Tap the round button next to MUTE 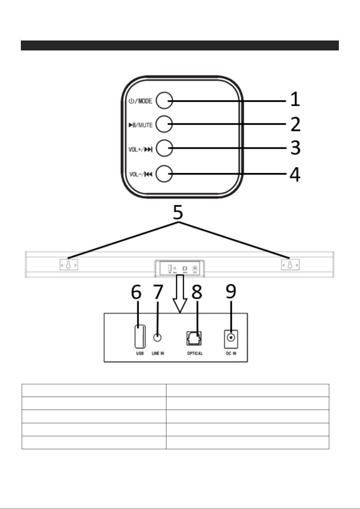[164, 124]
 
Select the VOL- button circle [164, 174]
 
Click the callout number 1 [295, 100]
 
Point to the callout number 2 [295, 124]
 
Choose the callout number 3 [295, 148]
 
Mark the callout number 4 [295, 175]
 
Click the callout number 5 [178, 212]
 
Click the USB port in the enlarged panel [140, 336]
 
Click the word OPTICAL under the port [195, 353]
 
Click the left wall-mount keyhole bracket [69, 265]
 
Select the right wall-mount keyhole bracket [290, 265]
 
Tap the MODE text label [145, 101]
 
